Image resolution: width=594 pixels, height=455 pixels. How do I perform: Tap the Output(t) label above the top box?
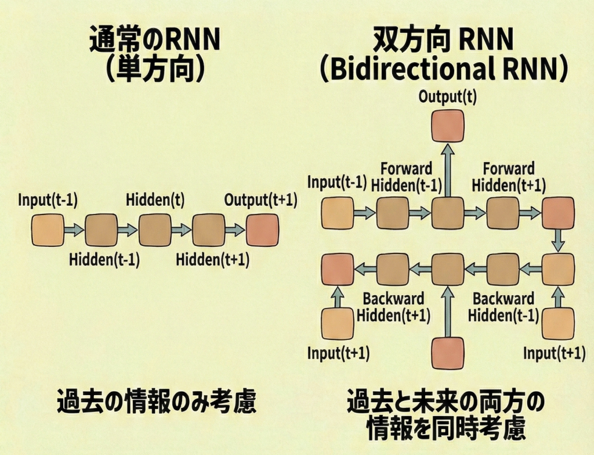click(x=447, y=96)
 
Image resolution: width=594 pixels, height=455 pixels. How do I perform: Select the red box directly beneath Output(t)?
click(x=447, y=126)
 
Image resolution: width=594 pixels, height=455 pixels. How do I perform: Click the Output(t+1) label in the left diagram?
click(x=261, y=200)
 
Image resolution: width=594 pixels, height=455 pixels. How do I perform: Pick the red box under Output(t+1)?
click(x=262, y=230)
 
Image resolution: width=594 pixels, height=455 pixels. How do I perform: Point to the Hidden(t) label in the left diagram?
click(x=155, y=200)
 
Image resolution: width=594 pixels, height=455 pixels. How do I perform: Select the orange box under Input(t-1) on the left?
click(x=48, y=230)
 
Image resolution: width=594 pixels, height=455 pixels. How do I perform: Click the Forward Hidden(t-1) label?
click(x=407, y=177)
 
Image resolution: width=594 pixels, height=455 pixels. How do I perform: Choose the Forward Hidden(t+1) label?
click(x=509, y=177)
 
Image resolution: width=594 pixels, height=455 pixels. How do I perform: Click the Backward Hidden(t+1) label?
click(x=393, y=307)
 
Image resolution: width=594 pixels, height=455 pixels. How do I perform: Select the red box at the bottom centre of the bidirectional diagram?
click(x=447, y=353)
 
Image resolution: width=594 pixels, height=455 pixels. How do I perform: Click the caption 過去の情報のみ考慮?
click(x=156, y=402)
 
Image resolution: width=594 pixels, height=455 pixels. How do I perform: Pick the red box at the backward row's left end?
click(x=338, y=268)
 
